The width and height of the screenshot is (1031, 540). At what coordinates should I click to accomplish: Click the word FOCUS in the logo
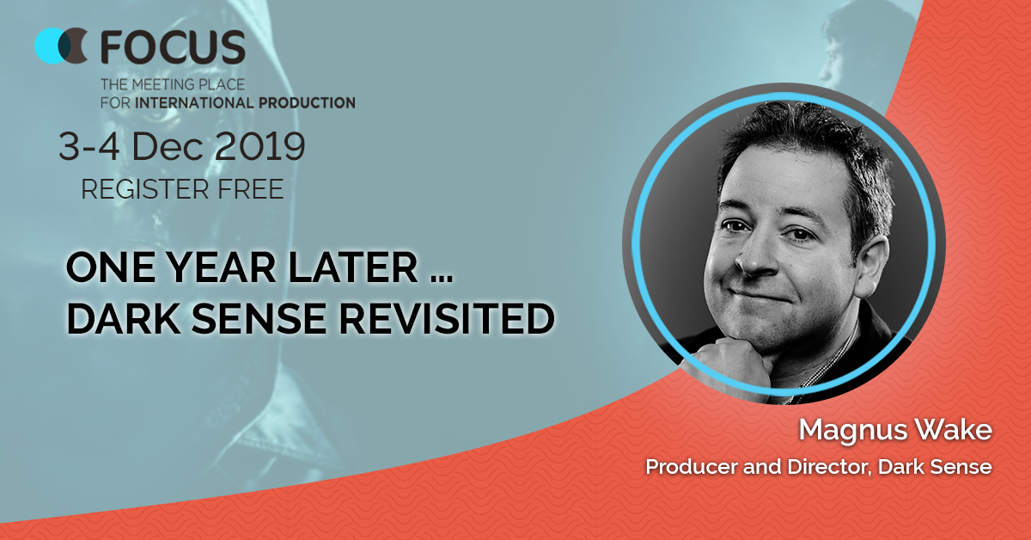pos(173,46)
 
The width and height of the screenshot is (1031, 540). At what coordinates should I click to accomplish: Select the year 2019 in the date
pos(259,146)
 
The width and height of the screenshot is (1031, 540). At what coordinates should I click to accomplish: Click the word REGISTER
pos(144,189)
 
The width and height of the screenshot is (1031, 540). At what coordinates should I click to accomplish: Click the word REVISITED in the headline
pos(447,318)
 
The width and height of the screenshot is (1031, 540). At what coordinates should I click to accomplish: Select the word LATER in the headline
pos(352,267)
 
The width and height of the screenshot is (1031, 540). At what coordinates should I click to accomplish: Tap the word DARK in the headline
pos(124,318)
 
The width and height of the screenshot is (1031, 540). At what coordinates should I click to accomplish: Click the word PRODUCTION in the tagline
pos(307,102)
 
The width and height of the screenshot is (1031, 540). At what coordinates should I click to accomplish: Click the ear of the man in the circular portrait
pos(871,267)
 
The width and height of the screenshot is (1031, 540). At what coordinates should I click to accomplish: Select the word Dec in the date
pos(168,146)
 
